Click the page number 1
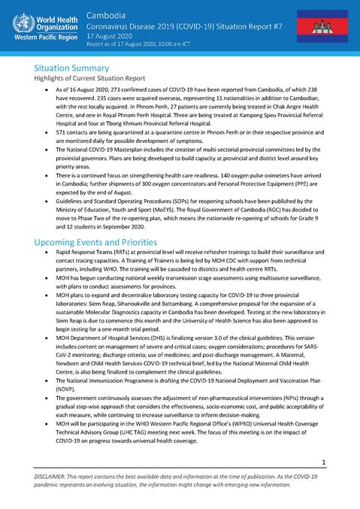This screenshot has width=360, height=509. click(323, 462)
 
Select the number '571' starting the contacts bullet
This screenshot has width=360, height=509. click(62, 130)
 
